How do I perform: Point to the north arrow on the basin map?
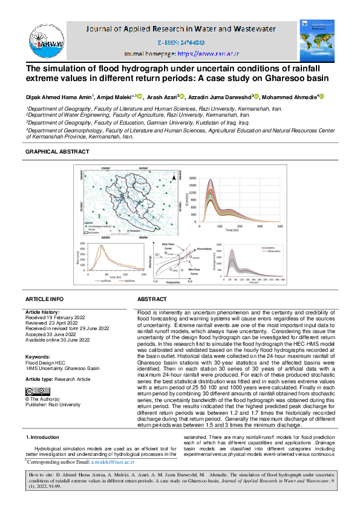coord(173,178)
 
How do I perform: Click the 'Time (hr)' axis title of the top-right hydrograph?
coord(232,231)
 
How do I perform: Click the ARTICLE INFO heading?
coord(44,299)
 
